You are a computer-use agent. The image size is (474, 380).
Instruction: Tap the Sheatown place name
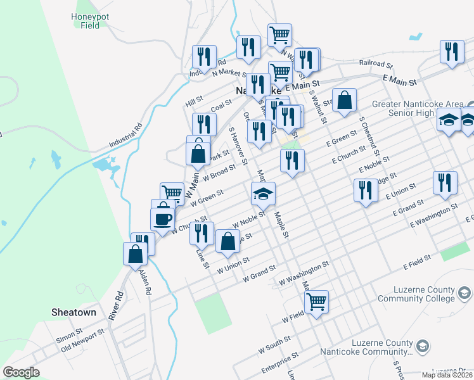tap(74, 312)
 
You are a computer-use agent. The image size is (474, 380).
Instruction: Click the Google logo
tap(21, 372)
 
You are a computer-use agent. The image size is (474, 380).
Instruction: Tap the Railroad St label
tap(376, 64)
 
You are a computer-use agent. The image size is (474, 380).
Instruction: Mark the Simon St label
tap(70, 332)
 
